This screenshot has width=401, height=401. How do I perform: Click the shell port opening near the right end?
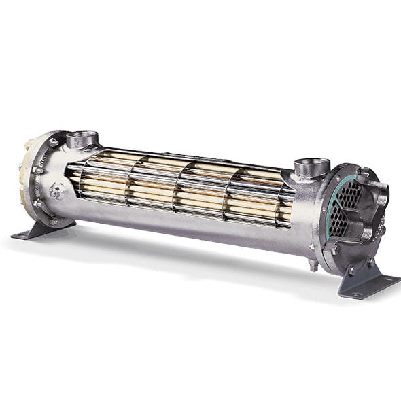click(x=312, y=164)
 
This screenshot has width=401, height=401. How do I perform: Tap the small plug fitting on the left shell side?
click(x=56, y=192)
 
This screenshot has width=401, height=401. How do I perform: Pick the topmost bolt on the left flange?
click(x=52, y=142)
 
